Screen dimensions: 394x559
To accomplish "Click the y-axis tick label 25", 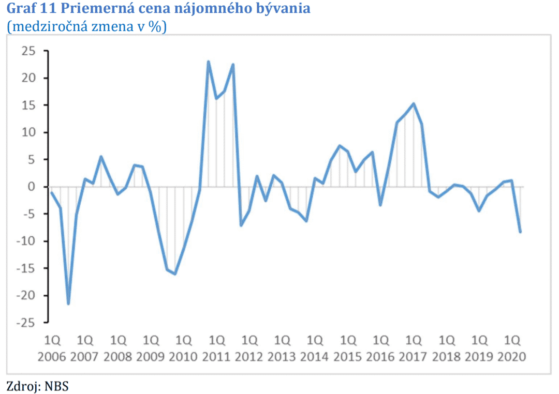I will pyautogui.click(x=27, y=51).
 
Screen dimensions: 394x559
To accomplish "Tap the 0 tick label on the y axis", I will pyautogui.click(x=32, y=187).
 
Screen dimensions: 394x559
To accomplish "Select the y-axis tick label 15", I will pyautogui.click(x=27, y=105).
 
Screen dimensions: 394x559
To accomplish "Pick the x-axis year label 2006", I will pyautogui.click(x=52, y=357).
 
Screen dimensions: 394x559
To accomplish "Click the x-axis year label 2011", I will pyautogui.click(x=216, y=357).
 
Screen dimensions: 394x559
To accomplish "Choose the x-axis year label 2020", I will pyautogui.click(x=511, y=357).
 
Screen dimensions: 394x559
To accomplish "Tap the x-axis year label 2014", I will pyautogui.click(x=315, y=357).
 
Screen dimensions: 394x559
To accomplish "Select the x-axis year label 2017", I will pyautogui.click(x=413, y=357).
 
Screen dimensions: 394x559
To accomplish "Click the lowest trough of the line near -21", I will pyautogui.click(x=68, y=304).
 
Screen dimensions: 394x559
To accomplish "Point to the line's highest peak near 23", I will pyautogui.click(x=208, y=62).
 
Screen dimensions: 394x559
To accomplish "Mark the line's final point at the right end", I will pyautogui.click(x=520, y=232).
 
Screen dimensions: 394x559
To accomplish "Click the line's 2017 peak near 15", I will pyautogui.click(x=414, y=103).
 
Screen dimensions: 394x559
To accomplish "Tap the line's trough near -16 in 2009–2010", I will pyautogui.click(x=175, y=274).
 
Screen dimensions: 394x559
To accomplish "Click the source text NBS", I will pyautogui.click(x=57, y=385).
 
